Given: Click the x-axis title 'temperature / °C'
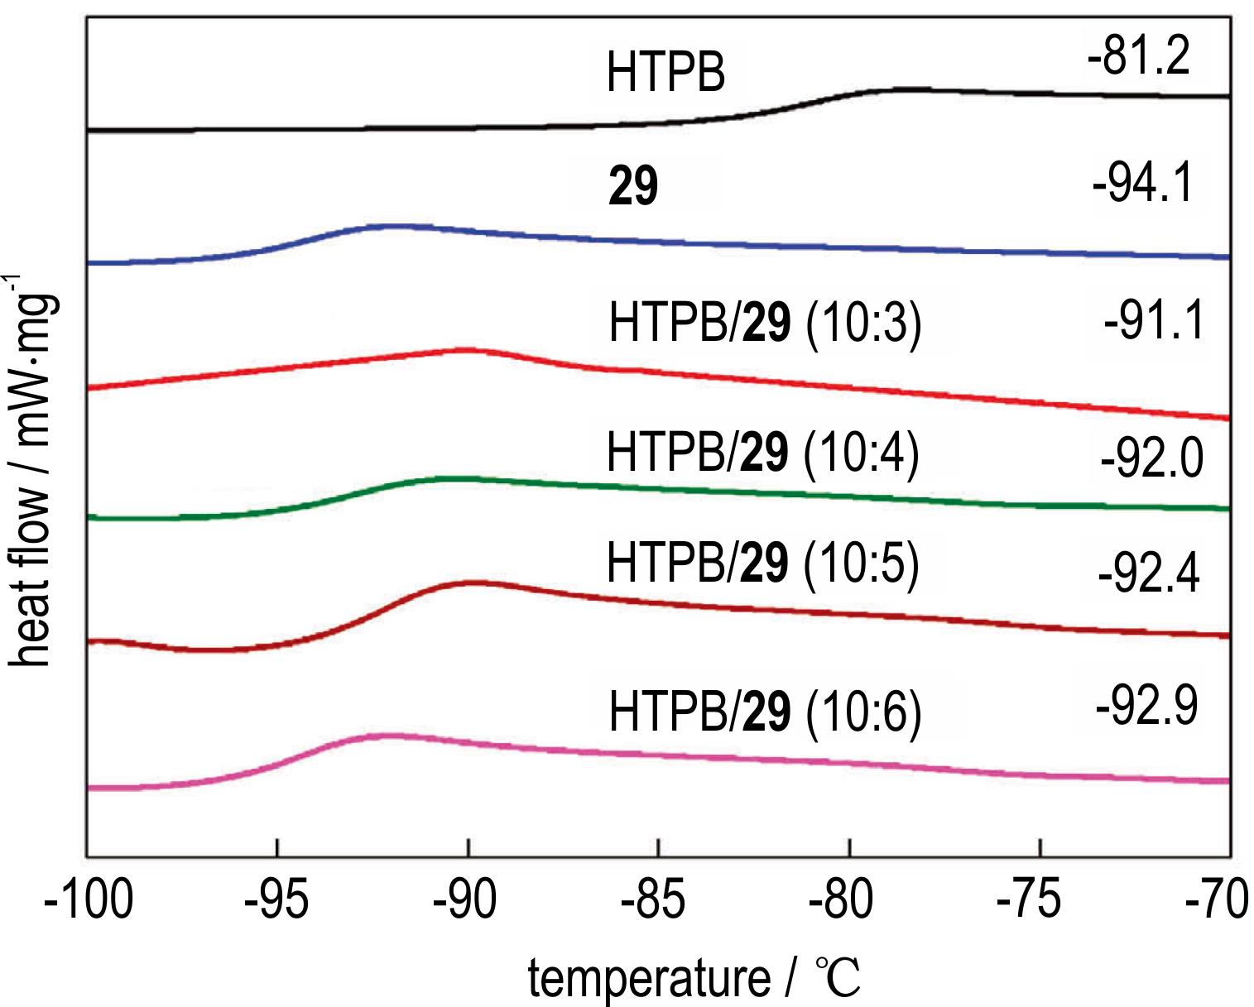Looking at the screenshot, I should (695, 978).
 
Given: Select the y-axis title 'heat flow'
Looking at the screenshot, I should (33, 480).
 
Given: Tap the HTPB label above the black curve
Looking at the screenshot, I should (666, 73).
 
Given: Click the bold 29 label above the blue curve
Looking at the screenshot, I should (633, 188).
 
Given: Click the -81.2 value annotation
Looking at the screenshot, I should (1140, 58).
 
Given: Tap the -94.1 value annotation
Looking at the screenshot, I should (1143, 184).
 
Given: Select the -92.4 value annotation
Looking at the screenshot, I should (1148, 573).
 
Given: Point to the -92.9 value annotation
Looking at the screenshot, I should (1146, 707).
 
